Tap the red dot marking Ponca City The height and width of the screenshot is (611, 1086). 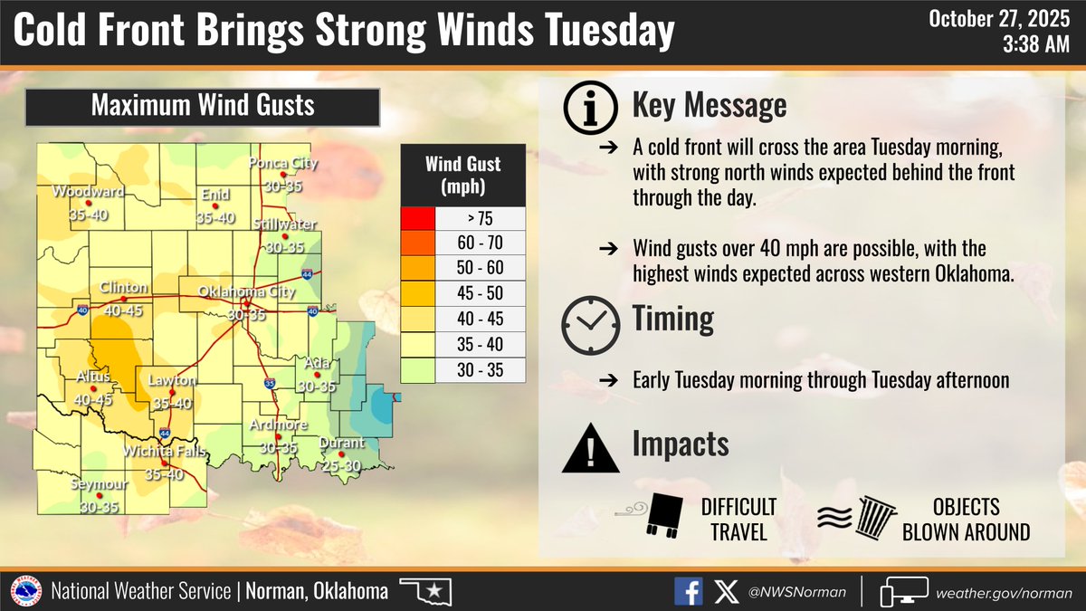pos(283,175)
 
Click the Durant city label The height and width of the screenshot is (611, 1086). pos(341,444)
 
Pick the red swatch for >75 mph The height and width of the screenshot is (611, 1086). pos(418,219)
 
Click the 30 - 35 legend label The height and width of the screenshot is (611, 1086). pos(481,369)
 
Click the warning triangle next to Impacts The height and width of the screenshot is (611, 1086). pos(590,449)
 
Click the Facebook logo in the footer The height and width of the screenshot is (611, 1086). pos(689,592)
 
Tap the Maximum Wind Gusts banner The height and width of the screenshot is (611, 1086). pos(202,106)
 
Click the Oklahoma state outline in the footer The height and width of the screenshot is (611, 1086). pos(425,593)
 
